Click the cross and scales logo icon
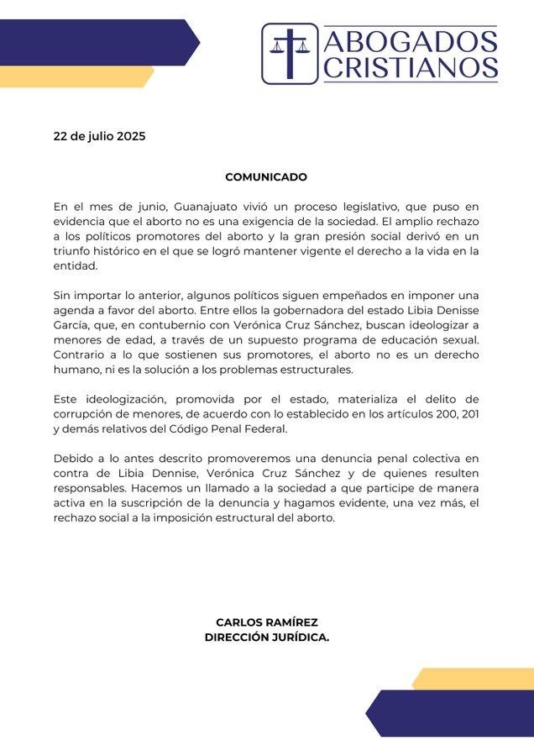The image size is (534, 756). pyautogui.click(x=289, y=53)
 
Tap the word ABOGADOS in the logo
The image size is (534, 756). pyautogui.click(x=410, y=40)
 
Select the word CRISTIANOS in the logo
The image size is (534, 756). pyautogui.click(x=410, y=67)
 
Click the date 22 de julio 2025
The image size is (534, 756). pyautogui.click(x=99, y=135)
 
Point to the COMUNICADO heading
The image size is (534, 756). pyautogui.click(x=266, y=177)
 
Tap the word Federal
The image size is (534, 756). pyautogui.click(x=264, y=429)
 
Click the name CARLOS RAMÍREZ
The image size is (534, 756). pyautogui.click(x=266, y=622)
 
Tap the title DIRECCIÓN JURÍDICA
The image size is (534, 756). pyautogui.click(x=266, y=638)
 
